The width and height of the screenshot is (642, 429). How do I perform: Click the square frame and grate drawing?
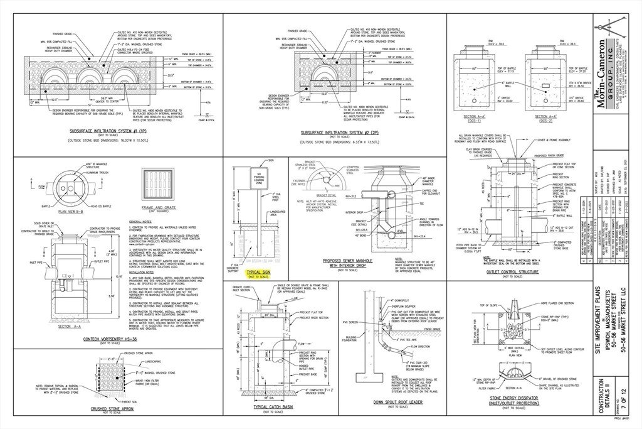click(x=157, y=186)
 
